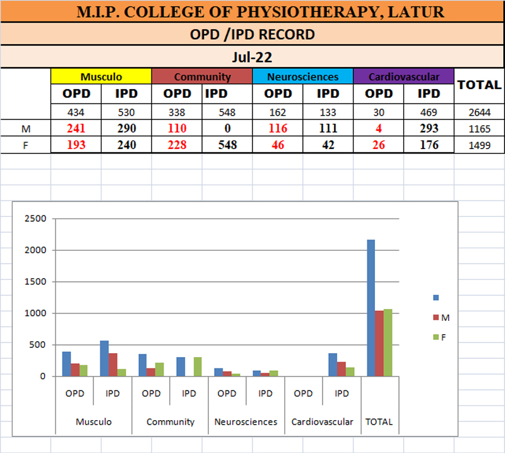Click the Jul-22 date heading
[252, 57]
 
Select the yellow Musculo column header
[101, 77]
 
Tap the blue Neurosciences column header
[302, 77]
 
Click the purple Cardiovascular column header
[403, 77]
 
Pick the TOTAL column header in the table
[479, 85]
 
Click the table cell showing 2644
[479, 112]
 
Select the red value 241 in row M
[76, 128]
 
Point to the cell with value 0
[227, 128]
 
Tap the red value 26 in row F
[379, 145]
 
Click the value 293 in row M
[429, 128]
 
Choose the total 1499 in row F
[479, 145]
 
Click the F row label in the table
[25, 145]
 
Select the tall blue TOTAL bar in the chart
[371, 308]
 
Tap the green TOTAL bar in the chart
[387, 342]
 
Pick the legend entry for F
[443, 337]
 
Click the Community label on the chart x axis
[170, 421]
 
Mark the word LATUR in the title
[417, 11]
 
